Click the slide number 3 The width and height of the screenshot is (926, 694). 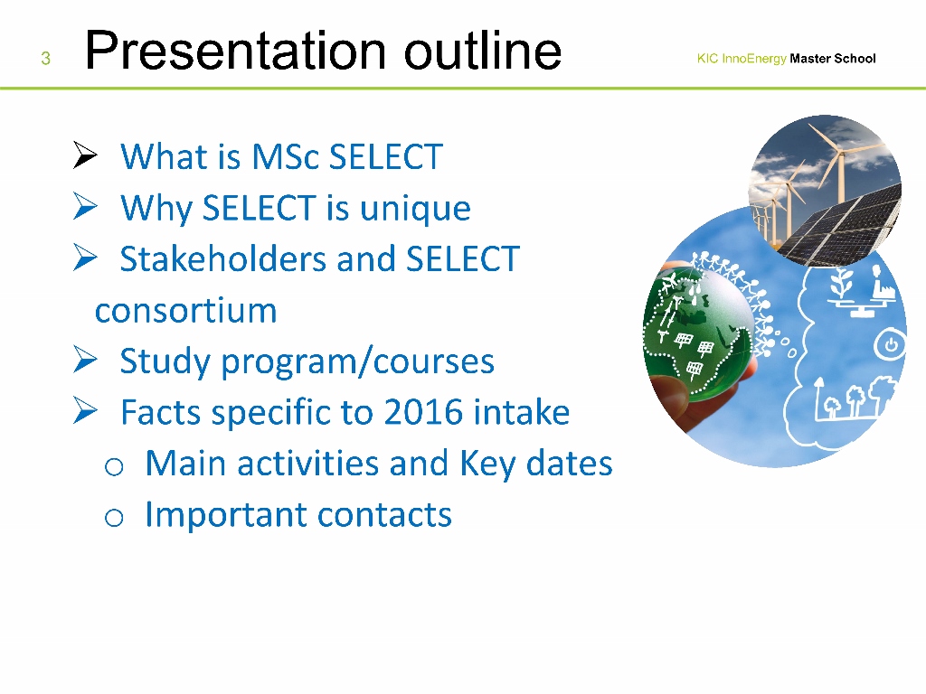coord(45,59)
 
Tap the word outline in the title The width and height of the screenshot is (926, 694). coord(483,51)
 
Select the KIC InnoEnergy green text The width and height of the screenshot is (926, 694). coord(742,59)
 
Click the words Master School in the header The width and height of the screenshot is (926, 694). coord(833,59)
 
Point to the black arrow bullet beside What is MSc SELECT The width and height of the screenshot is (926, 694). coord(85,155)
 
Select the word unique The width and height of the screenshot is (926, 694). coord(415,209)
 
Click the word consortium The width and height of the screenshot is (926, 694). coord(186,311)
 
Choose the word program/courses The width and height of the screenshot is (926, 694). coord(358,361)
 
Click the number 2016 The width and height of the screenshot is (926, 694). coord(423,412)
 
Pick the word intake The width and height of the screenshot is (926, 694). coord(522,412)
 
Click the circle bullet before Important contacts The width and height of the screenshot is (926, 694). coord(114,518)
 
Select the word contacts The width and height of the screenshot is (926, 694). coord(384,515)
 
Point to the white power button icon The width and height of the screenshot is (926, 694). coord(891,345)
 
